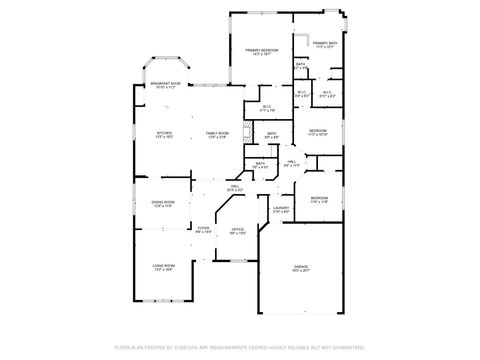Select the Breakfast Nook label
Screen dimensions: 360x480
pos(166,84)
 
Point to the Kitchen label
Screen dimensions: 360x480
pos(163,133)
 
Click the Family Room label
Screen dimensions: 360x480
pos(217,133)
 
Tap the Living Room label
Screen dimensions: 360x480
pos(163,265)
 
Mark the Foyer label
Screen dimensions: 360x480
pos(202,229)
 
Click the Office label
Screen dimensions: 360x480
pos(238,229)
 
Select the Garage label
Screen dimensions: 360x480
pos(300,266)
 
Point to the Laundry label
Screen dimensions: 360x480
pos(281,209)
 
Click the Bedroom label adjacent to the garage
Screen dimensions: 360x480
pos(319,198)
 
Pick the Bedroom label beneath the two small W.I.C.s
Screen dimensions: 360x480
pos(318,131)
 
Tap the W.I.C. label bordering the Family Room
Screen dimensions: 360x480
pos(266,106)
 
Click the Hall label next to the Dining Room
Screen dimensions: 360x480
pos(235,187)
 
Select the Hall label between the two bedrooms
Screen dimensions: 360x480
pos(292,161)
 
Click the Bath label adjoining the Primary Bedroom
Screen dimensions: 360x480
pos(301,64)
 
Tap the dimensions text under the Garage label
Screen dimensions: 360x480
pos(300,271)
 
